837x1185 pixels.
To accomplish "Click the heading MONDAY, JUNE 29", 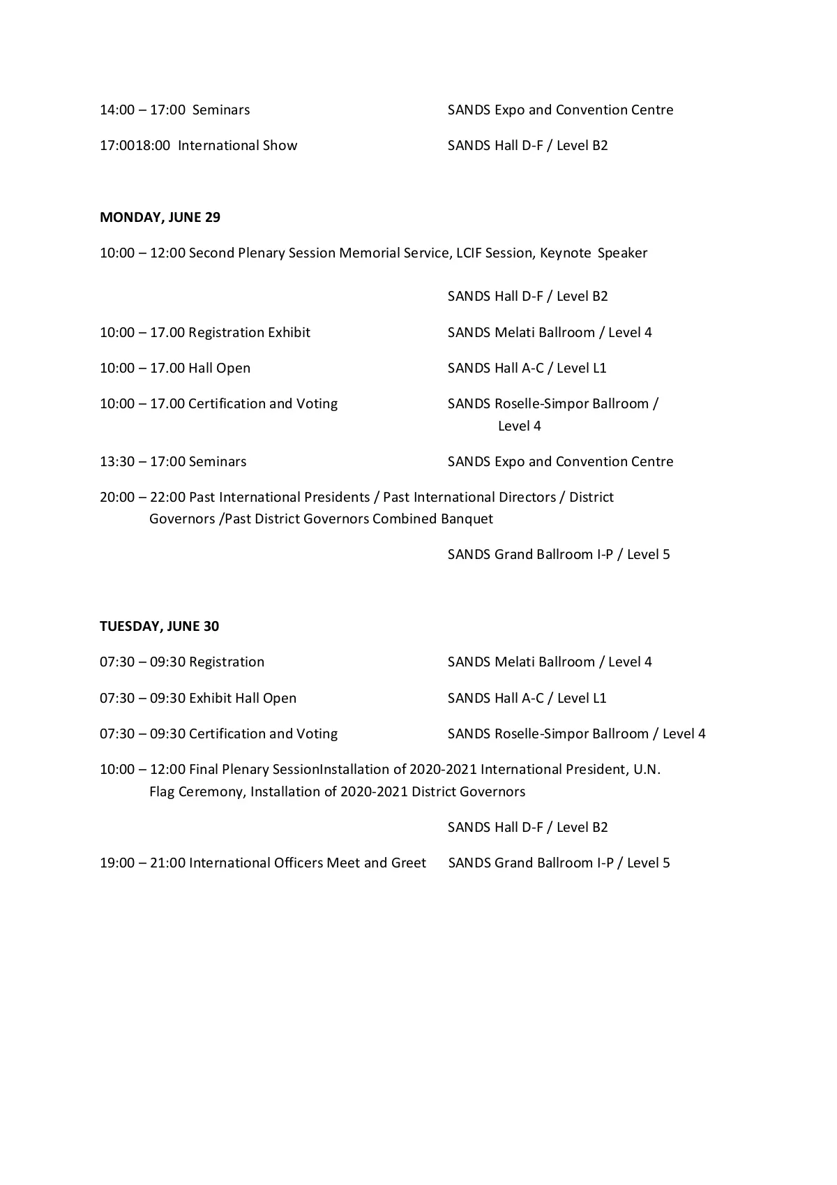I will coord(160,217).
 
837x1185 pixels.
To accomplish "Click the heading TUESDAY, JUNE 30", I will coord(159,626).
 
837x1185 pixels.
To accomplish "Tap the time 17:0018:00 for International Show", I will coord(135,146).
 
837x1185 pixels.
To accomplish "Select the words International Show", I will coord(237,146).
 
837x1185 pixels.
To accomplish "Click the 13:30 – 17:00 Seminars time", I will coord(143,462).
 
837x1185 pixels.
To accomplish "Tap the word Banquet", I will coord(467,519).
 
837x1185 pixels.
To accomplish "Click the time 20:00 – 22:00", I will coord(143,498).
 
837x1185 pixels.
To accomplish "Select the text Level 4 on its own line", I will coord(519,426).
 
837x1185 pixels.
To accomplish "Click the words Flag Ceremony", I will coord(196,792).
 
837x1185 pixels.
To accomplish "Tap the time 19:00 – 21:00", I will coord(143,863).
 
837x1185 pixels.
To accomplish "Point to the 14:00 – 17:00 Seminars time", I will coord(143,110).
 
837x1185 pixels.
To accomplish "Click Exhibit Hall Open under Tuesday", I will coord(243,699).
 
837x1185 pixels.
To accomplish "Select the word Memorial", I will coord(370,253).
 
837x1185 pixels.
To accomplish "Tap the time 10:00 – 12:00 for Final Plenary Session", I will coord(143,770).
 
